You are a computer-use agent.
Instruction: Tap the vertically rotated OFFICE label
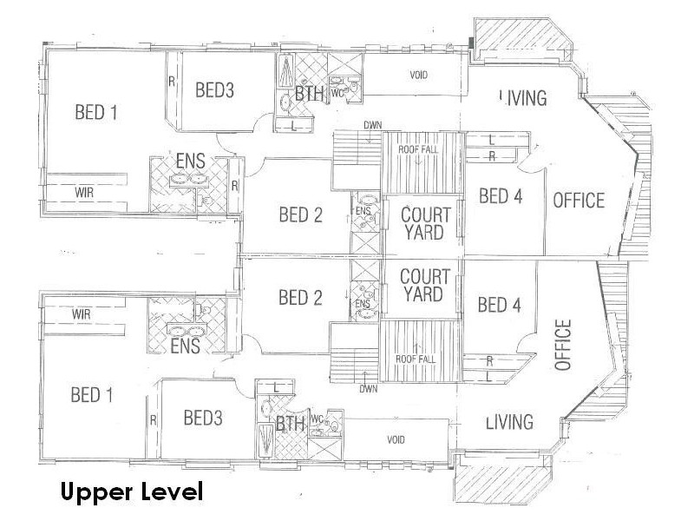(565, 346)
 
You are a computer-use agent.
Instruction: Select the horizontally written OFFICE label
(579, 201)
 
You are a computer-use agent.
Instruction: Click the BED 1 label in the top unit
(96, 112)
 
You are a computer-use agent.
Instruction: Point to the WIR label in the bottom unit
(82, 313)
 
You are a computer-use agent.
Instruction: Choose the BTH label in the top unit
(310, 94)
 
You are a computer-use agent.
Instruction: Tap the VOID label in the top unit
(419, 75)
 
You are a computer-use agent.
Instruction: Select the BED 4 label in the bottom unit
(500, 305)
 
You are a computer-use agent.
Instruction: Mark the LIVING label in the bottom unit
(508, 422)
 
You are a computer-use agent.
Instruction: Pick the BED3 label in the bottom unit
(203, 418)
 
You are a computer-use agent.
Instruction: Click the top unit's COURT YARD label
(424, 222)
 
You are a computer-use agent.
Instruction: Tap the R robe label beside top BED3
(171, 83)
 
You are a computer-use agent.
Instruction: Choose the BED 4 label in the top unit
(501, 196)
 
